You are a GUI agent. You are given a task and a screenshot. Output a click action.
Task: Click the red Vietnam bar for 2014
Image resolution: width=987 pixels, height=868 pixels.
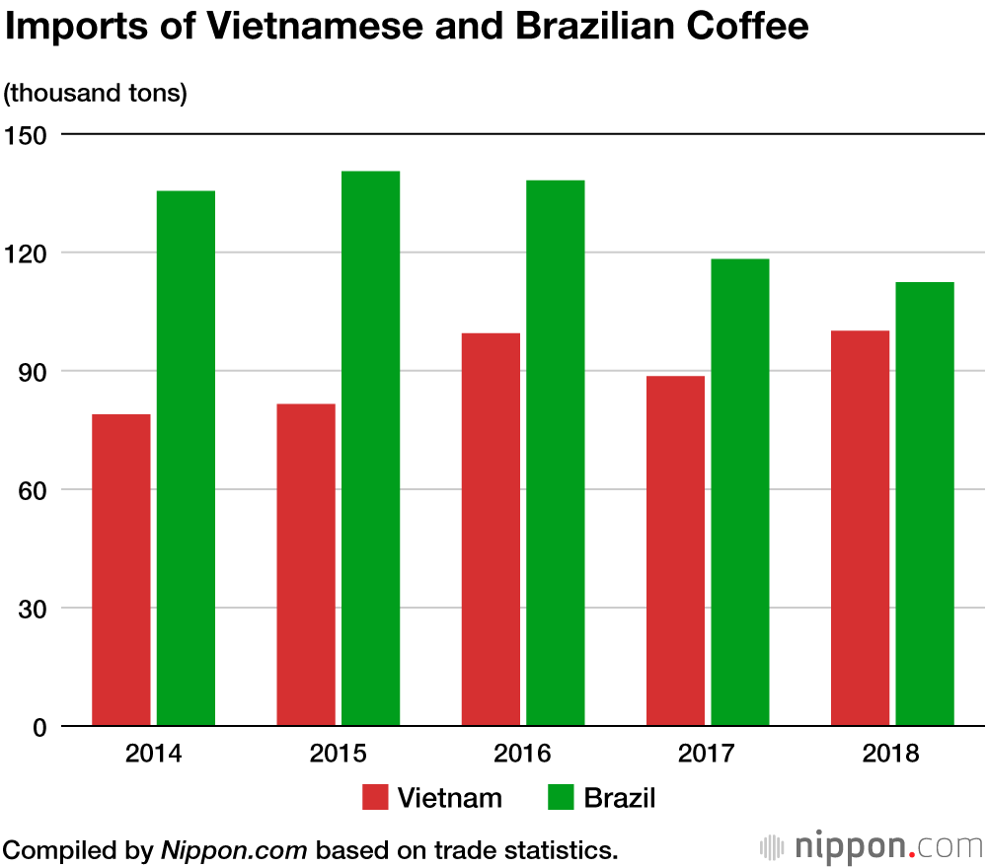[x=120, y=570]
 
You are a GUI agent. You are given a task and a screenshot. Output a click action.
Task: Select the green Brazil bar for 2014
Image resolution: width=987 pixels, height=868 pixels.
[x=186, y=459]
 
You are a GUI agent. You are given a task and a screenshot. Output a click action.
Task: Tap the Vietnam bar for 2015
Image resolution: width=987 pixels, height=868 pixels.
[x=306, y=565]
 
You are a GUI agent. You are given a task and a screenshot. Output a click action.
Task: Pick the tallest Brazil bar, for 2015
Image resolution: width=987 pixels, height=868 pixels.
[x=370, y=449]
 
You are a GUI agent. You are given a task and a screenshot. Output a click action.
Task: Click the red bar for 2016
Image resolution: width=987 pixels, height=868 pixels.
[x=491, y=530]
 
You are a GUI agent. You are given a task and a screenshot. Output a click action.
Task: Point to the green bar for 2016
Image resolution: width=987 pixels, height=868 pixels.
[x=555, y=453]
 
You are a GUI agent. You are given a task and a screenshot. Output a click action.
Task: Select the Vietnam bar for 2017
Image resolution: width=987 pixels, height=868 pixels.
[x=675, y=550]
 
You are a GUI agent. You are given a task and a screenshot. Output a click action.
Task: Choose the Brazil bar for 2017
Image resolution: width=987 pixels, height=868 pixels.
[x=739, y=492]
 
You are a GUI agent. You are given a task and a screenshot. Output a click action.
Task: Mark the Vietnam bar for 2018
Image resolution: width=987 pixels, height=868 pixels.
[x=860, y=528]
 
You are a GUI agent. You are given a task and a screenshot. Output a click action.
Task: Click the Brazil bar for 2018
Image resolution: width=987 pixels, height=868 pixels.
[x=925, y=504]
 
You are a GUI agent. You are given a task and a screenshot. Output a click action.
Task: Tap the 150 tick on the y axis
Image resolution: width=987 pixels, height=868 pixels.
[x=26, y=134]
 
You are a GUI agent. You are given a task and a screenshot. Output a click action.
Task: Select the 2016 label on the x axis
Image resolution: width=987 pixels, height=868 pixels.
[x=523, y=755]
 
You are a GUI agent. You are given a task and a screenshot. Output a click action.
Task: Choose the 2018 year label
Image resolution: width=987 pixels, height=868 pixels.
[x=891, y=755]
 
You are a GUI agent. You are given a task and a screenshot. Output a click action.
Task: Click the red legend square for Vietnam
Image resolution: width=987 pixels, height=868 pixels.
[x=376, y=797]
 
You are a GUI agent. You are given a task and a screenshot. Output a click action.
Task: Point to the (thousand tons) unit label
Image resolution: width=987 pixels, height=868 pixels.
[x=96, y=94]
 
